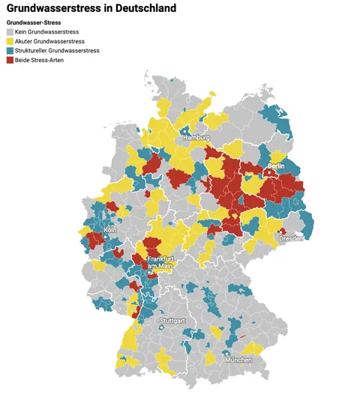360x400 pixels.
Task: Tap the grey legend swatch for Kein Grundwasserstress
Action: click(x=10, y=32)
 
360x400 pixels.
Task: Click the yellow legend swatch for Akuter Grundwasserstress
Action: click(x=10, y=41)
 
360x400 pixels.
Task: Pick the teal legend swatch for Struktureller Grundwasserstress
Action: click(x=10, y=50)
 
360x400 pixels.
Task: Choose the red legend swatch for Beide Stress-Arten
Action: click(x=10, y=59)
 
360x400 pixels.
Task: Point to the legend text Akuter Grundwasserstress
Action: click(x=49, y=41)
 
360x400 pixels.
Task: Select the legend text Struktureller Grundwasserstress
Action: click(x=57, y=50)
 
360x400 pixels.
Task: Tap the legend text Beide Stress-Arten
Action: click(x=40, y=59)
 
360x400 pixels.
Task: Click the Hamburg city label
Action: click(x=196, y=139)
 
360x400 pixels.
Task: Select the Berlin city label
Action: click(x=275, y=166)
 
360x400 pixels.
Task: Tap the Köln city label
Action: click(x=110, y=230)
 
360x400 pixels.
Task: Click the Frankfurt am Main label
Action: click(x=160, y=263)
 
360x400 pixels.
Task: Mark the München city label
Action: click(x=237, y=360)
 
